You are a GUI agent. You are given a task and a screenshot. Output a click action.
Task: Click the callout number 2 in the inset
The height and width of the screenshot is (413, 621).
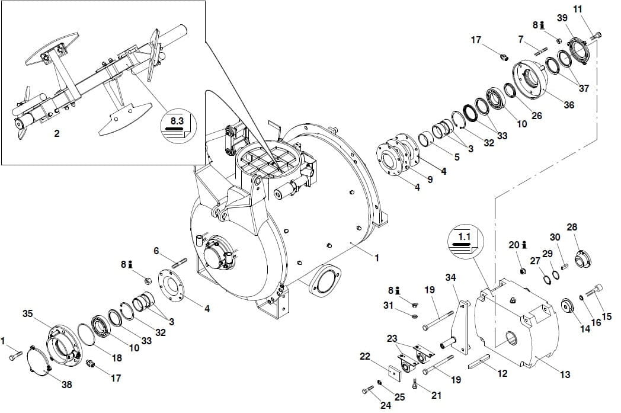click(x=57, y=133)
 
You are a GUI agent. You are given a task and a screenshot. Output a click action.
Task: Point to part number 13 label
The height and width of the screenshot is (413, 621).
click(x=565, y=374)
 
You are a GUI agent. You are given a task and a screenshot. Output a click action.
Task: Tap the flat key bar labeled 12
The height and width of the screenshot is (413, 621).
click(x=479, y=361)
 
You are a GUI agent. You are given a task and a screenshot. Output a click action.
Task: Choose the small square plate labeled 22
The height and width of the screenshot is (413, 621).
click(x=395, y=373)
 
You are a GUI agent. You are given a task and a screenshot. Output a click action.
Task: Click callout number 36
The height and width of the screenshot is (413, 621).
click(x=569, y=105)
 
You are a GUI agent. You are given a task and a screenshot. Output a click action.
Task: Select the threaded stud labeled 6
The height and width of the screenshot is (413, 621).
click(x=180, y=262)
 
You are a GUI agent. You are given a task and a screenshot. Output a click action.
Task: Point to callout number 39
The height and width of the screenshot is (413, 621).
click(x=562, y=18)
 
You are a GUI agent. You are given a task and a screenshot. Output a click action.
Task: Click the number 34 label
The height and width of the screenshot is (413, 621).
click(x=450, y=277)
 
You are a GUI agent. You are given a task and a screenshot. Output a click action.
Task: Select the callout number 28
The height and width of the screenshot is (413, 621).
click(x=572, y=228)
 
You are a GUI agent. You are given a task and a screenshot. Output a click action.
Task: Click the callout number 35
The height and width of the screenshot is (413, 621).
click(x=27, y=314)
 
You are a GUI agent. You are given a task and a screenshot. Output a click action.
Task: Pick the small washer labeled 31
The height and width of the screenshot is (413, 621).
click(x=415, y=317)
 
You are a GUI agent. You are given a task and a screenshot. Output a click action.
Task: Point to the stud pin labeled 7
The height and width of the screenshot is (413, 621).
click(x=541, y=52)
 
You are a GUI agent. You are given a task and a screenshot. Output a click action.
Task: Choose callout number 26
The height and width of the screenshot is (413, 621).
click(x=537, y=116)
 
